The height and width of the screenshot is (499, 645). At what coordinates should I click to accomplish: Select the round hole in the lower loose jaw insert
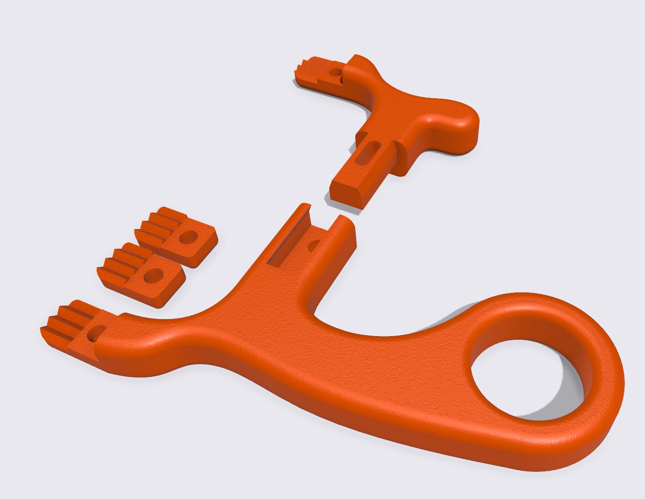(151, 276)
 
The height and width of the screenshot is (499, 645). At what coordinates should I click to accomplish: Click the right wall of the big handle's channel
(346, 234)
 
